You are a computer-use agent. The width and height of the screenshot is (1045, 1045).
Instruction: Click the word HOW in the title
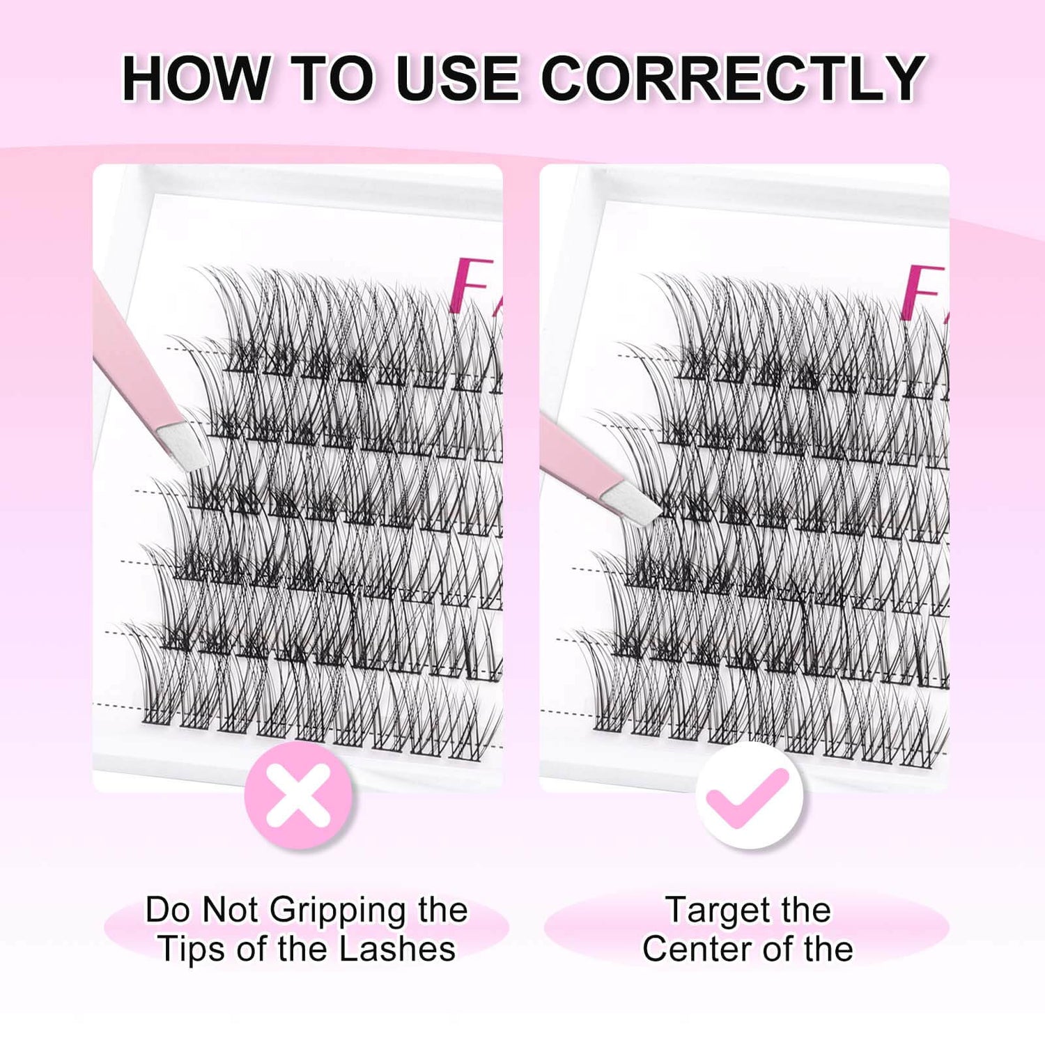(196, 78)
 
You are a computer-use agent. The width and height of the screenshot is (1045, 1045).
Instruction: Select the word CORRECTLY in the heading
(732, 78)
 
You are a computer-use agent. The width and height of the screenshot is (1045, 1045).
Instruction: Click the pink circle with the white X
(299, 795)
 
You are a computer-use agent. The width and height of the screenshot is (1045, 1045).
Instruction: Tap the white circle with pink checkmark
(749, 795)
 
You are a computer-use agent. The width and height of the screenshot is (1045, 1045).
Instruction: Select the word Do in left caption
(167, 910)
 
